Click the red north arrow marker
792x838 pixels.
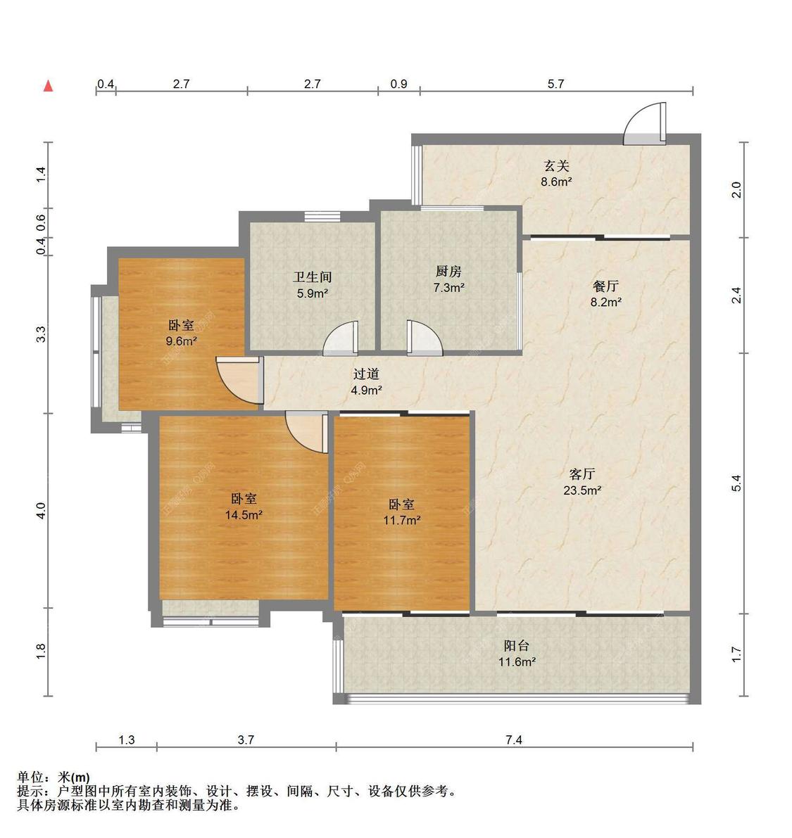[x=48, y=86]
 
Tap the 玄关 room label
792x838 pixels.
[x=555, y=166]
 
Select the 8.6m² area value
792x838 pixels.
[x=555, y=182]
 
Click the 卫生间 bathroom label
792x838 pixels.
[x=312, y=277]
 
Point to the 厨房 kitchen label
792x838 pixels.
[x=448, y=272]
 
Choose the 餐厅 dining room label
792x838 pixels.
[x=605, y=286]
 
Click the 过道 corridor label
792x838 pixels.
[x=366, y=374]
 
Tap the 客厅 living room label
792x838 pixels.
[x=582, y=474]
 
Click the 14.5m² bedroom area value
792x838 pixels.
[x=244, y=514]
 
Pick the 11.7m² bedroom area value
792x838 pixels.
[x=402, y=520]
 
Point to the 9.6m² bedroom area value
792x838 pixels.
[x=182, y=341]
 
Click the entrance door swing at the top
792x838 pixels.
[x=645, y=124]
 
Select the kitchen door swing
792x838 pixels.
[x=423, y=338]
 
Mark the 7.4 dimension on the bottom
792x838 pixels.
[x=514, y=739]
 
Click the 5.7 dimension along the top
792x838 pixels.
[x=556, y=84]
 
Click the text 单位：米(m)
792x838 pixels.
[x=54, y=777]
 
